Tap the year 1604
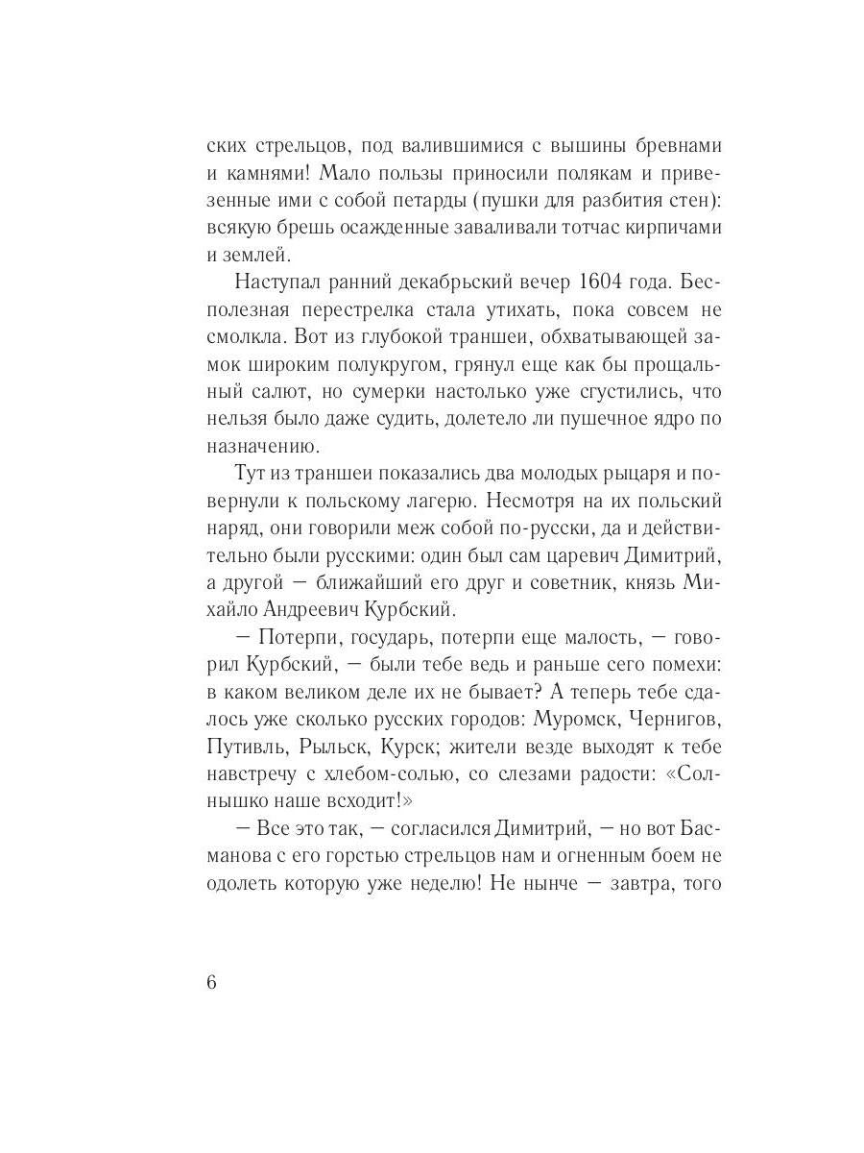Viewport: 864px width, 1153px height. click(608, 282)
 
